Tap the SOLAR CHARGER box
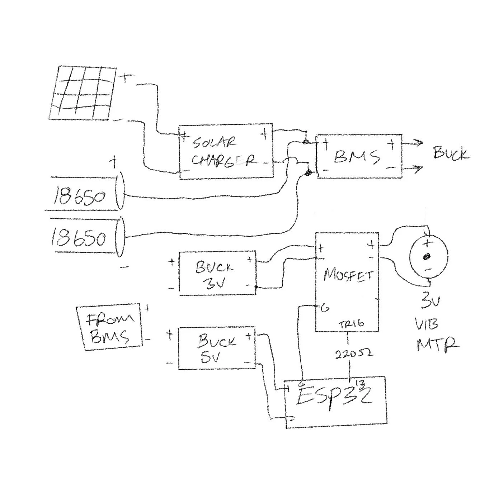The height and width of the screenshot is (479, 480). pos(225,152)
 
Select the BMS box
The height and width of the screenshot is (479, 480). pos(359,156)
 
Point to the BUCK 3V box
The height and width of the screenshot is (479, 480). pos(217,274)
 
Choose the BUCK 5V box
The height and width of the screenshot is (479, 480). pos(217,348)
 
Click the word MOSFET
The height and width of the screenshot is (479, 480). pos(348,275)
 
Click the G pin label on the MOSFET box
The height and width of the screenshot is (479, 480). pos(325,308)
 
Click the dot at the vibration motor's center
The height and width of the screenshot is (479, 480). pos(427,257)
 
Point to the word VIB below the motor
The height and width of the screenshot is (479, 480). pos(427,325)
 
